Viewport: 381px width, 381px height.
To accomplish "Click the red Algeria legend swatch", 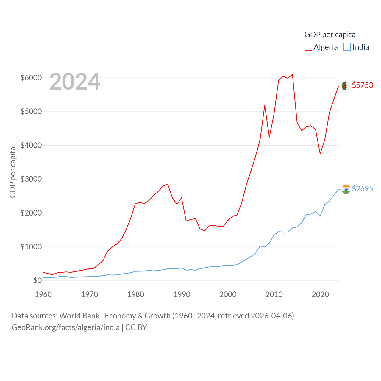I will click(x=308, y=47).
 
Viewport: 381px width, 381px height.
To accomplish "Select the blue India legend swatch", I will click(x=347, y=47).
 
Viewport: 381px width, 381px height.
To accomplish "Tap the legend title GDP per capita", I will click(x=330, y=35).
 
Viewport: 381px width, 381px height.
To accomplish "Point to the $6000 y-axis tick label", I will click(x=31, y=78).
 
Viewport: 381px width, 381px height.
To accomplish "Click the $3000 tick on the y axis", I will click(x=31, y=179).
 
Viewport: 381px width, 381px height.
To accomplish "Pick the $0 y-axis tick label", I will click(x=37, y=280).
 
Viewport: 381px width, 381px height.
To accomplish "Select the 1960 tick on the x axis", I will click(x=43, y=294).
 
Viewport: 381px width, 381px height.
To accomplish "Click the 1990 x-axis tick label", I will click(x=182, y=294).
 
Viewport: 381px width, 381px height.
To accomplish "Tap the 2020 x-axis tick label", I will click(x=320, y=294).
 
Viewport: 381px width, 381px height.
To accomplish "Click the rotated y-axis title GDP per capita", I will click(x=13, y=172).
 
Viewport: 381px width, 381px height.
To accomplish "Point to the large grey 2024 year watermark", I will click(x=75, y=82).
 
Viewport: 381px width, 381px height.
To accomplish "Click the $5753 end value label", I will click(x=362, y=85).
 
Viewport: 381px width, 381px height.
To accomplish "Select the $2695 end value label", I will click(x=362, y=189).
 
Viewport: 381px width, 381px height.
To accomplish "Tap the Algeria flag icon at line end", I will click(x=346, y=86).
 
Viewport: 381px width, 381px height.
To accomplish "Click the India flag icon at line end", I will click(x=346, y=189).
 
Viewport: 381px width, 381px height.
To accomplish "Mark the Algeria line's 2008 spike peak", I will click(x=265, y=105).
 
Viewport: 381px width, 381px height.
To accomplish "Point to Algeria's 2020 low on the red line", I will click(x=320, y=154).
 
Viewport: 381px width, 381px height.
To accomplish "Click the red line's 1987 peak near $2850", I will click(x=168, y=184).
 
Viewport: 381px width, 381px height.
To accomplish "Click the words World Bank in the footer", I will click(x=79, y=316).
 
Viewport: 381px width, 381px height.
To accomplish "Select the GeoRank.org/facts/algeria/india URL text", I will click(x=65, y=327).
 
